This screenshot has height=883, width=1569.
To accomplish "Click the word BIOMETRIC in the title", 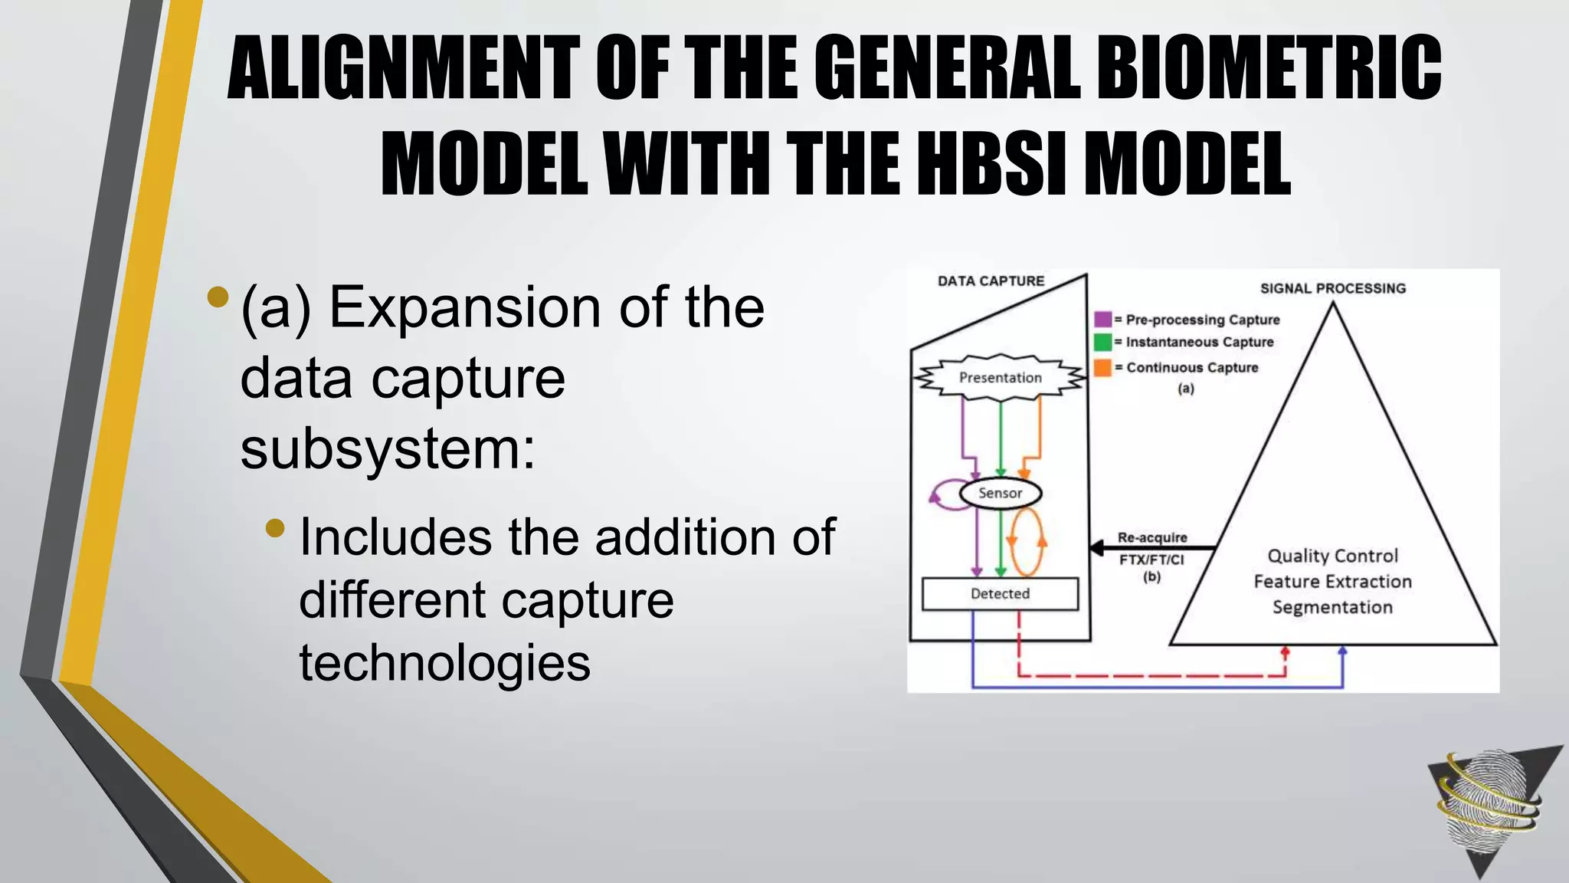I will click(1269, 69).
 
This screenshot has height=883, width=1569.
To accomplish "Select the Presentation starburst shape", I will click(1001, 377).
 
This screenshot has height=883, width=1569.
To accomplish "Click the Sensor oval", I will click(1000, 493).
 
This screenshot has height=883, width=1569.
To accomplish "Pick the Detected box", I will click(1000, 593).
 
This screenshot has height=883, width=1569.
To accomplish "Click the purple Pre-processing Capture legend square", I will click(1102, 320).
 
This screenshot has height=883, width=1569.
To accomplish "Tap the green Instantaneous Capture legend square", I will click(1102, 342).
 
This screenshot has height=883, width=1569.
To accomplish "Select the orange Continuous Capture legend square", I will click(1102, 367).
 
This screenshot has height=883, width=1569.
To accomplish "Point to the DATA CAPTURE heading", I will click(991, 281).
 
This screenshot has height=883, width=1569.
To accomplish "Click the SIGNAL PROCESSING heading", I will click(1333, 288).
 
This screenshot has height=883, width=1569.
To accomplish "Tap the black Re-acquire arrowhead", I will click(1098, 547).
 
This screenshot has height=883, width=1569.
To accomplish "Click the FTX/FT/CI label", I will click(1151, 560).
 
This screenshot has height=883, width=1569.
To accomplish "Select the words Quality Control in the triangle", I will click(1332, 556).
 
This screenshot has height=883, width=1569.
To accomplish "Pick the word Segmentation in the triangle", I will click(1332, 607).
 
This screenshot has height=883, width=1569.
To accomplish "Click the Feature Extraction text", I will click(1332, 581).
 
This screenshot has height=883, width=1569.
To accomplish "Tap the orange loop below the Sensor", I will click(1027, 542).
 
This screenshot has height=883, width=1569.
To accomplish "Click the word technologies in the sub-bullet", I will click(444, 662).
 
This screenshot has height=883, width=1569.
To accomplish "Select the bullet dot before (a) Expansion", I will click(218, 297).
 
